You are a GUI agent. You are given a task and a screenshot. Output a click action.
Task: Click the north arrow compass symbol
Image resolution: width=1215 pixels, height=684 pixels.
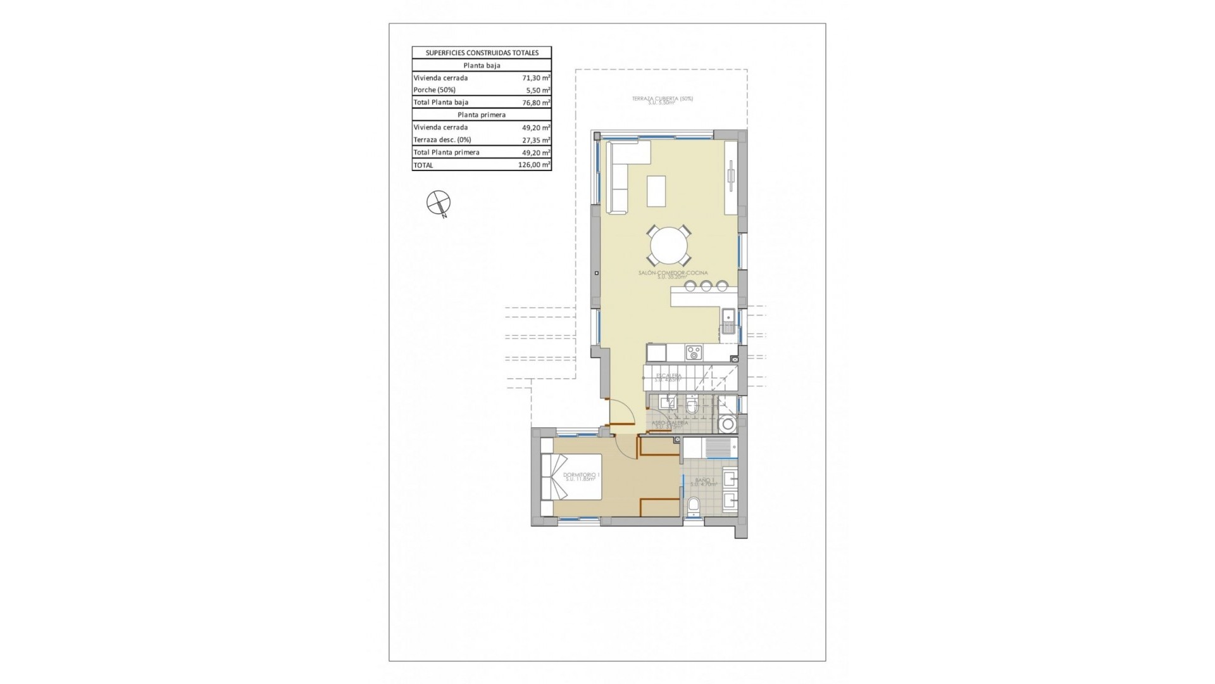[438, 203]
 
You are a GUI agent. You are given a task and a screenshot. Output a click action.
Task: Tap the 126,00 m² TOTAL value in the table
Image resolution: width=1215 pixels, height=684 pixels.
[533, 165]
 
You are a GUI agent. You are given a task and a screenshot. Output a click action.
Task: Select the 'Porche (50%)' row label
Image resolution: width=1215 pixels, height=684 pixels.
[434, 90]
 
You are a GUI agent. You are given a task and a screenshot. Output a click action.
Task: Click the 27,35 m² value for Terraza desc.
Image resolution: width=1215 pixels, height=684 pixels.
[535, 140]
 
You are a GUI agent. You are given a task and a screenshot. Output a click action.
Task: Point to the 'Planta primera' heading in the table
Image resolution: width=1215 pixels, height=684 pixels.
[481, 115]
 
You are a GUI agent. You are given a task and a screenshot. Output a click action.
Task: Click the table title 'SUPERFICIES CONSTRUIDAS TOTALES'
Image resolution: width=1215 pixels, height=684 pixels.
[482, 53]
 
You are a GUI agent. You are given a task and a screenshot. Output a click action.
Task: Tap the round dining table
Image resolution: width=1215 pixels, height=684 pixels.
[669, 246]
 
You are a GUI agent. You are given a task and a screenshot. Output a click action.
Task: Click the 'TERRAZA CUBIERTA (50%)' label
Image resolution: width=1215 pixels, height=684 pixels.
[662, 99]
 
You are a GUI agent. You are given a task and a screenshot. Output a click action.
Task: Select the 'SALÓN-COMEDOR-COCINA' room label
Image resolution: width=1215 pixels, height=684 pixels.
[673, 273]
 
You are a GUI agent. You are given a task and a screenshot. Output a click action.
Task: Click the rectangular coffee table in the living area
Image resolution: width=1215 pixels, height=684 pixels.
[656, 191]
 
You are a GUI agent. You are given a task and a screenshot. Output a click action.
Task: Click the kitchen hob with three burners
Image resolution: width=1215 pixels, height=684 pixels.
[694, 352]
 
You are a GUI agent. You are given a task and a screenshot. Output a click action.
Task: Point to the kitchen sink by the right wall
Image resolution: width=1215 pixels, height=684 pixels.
[728, 322]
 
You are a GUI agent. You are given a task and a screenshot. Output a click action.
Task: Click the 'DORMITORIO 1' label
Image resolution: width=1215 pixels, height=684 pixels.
[581, 475]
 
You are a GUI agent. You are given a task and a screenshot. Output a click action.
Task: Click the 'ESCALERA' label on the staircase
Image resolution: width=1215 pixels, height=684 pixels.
[668, 376]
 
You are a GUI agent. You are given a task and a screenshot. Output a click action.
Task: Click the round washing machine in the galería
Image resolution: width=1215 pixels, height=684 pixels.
[728, 424]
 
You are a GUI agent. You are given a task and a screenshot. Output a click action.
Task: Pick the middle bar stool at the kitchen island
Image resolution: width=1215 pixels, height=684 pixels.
[706, 286]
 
